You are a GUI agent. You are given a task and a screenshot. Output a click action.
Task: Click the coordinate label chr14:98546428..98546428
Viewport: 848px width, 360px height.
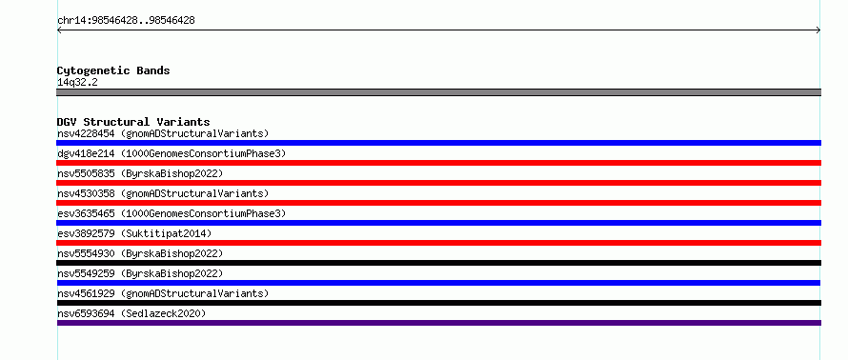126,21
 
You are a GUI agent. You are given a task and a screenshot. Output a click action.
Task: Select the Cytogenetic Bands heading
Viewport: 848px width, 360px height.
113,70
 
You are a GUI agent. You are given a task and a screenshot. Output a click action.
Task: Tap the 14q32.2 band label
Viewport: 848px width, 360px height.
77,83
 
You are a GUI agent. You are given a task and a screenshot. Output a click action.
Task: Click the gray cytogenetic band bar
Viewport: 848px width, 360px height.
438,92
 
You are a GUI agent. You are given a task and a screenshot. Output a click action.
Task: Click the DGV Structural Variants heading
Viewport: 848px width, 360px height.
133,122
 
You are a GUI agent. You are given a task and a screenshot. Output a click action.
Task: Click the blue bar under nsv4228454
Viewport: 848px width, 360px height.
438,143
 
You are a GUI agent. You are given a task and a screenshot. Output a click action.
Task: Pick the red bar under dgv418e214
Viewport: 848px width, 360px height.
438,163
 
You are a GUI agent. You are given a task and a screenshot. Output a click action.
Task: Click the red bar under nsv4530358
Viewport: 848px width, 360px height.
438,203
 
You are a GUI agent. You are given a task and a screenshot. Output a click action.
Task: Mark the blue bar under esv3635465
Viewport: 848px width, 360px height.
438,223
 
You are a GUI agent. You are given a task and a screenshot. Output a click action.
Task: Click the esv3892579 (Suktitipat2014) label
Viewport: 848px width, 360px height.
134,233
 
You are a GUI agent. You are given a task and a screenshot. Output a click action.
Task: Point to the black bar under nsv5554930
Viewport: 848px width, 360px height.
438,263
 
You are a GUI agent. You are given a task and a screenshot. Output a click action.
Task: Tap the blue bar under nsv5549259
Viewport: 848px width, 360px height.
438,283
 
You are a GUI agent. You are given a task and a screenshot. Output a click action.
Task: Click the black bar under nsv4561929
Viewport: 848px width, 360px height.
438,303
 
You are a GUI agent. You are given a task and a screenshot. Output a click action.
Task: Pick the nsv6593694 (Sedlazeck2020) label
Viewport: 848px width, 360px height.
131,313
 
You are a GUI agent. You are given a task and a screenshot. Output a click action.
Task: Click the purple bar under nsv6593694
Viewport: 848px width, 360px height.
438,323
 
